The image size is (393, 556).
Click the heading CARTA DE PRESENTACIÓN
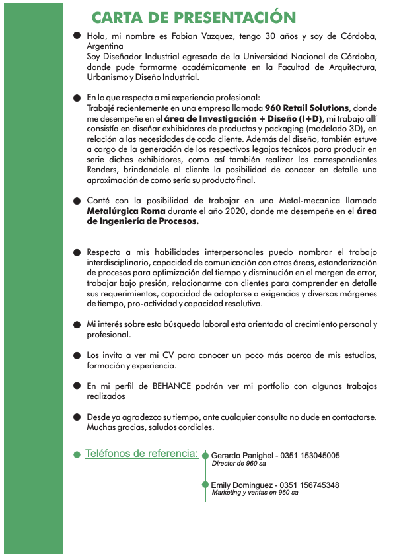pyautogui.click(x=193, y=17)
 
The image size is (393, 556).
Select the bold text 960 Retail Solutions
pyautogui.click(x=306, y=108)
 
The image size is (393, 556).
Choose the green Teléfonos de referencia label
pyautogui.click(x=141, y=454)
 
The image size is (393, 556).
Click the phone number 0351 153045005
pyautogui.click(x=310, y=456)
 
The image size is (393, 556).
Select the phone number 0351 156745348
pyautogui.click(x=310, y=485)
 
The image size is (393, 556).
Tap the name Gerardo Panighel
pyautogui.click(x=241, y=456)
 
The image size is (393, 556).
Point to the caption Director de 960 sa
pyautogui.click(x=238, y=464)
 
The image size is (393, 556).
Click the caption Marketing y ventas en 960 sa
pyautogui.click(x=255, y=493)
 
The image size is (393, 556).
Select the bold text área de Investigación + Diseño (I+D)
pyautogui.click(x=244, y=118)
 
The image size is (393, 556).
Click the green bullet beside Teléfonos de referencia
pyautogui.click(x=77, y=454)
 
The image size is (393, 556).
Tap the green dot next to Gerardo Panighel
pyautogui.click(x=205, y=456)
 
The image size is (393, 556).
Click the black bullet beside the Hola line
pyautogui.click(x=77, y=36)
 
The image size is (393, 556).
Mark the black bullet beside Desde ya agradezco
pyautogui.click(x=77, y=417)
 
